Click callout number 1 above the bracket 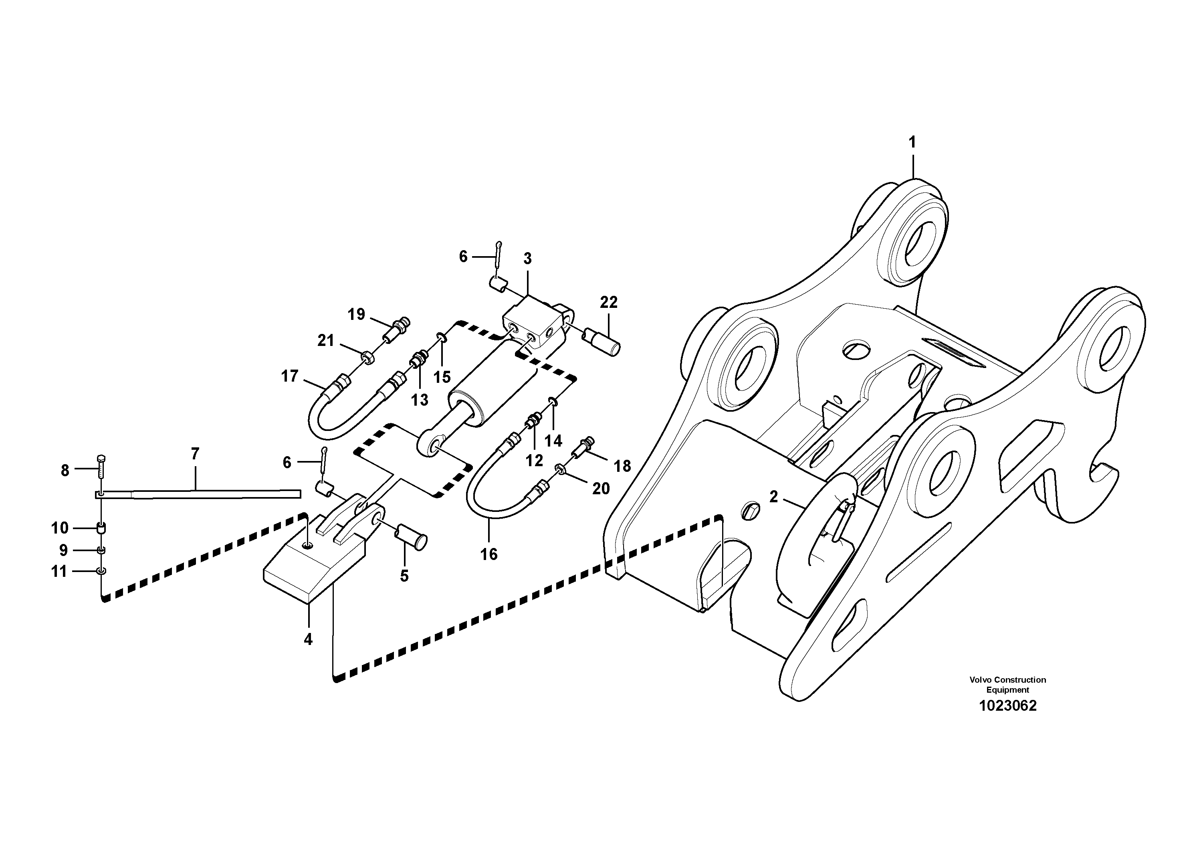pyautogui.click(x=912, y=142)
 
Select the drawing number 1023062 pyautogui.click(x=1007, y=706)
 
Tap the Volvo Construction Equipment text pyautogui.click(x=1007, y=685)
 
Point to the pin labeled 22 pyautogui.click(x=602, y=342)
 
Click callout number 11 pyautogui.click(x=59, y=572)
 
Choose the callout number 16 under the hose pyautogui.click(x=489, y=554)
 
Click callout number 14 pyautogui.click(x=553, y=441)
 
